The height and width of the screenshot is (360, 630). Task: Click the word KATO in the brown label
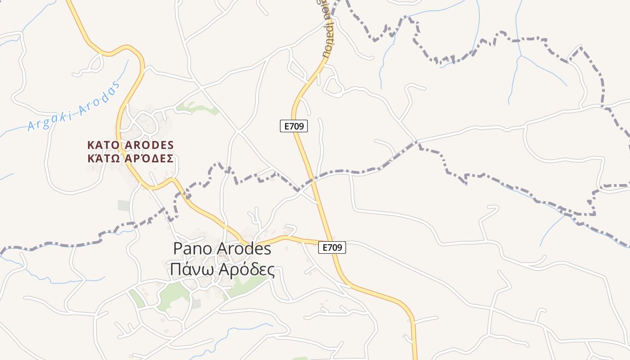point(102,145)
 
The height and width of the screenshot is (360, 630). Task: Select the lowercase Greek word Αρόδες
point(247,270)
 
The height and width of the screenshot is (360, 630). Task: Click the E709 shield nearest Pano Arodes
point(332,247)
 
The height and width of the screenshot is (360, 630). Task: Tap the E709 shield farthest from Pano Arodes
point(294,126)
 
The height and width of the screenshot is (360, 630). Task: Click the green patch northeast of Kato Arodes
point(193,107)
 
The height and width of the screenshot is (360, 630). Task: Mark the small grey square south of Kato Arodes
point(124,205)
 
